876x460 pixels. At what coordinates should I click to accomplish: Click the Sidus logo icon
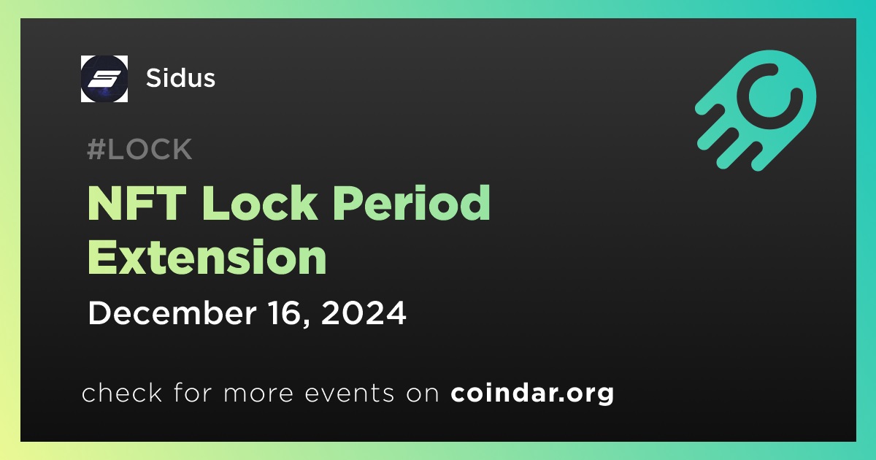click(x=104, y=79)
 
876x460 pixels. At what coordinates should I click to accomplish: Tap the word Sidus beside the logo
click(x=180, y=78)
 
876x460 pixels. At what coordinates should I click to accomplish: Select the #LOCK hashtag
click(x=139, y=149)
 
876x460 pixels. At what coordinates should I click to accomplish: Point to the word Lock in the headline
click(x=260, y=203)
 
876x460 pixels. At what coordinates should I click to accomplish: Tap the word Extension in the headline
click(x=207, y=257)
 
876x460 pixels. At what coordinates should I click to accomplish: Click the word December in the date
click(x=172, y=313)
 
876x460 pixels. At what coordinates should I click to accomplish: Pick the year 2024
click(x=364, y=313)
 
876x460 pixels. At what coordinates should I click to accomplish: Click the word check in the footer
click(x=122, y=393)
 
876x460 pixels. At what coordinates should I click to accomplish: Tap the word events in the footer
click(x=349, y=394)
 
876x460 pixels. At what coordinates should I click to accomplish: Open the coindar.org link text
click(x=532, y=394)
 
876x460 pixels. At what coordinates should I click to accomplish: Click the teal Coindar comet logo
click(x=756, y=110)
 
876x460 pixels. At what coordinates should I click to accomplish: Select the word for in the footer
click(x=193, y=393)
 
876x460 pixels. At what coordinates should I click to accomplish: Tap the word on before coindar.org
click(x=423, y=394)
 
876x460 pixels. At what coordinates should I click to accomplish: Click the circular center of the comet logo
click(x=770, y=96)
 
